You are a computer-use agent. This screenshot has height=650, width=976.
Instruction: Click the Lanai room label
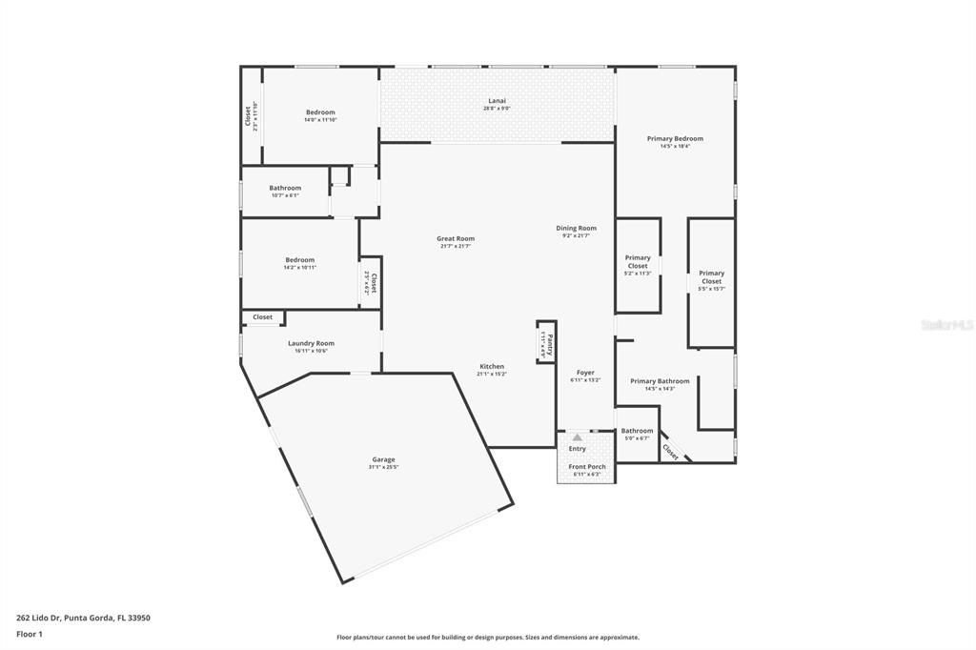tap(498, 101)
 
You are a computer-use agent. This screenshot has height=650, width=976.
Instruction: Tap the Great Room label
tap(456, 239)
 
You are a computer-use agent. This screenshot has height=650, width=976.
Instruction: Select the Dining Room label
tap(576, 229)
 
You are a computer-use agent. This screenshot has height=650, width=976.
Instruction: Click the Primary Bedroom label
tap(675, 139)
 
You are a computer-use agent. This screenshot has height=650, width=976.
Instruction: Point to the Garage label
tap(383, 460)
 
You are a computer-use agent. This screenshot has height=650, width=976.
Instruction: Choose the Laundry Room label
tap(311, 344)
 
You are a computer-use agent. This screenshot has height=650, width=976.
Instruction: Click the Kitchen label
tap(492, 367)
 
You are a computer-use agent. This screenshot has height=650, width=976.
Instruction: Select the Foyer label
tap(585, 373)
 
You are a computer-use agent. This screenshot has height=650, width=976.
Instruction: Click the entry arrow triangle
tap(577, 437)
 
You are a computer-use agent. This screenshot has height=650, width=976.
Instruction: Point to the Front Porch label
tap(587, 467)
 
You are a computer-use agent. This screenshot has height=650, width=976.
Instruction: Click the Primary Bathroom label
tap(660, 381)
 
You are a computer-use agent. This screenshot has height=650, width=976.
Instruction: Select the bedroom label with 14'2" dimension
tap(299, 260)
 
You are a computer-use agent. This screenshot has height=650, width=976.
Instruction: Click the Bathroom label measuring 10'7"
tap(284, 188)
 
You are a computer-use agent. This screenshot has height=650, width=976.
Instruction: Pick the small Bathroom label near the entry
tap(637, 431)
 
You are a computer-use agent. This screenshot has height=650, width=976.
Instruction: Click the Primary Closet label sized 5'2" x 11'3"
tap(638, 261)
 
